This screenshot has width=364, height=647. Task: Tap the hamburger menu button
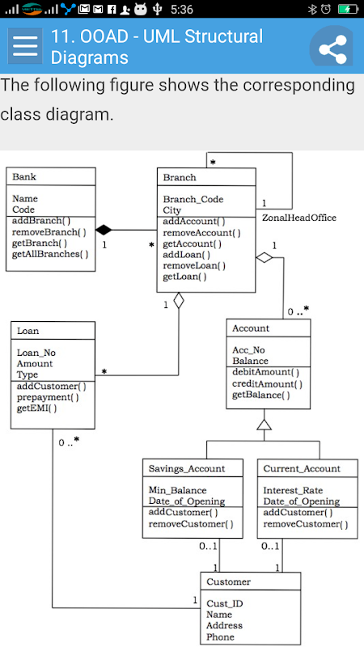(x=25, y=46)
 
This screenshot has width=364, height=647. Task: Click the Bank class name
(x=24, y=177)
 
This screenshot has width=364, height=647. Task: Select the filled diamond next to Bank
(x=104, y=230)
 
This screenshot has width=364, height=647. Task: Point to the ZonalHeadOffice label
(x=299, y=218)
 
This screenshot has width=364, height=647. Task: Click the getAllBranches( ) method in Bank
(x=50, y=254)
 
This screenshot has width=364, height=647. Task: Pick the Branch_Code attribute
(x=193, y=199)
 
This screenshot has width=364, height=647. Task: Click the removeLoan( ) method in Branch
(x=194, y=266)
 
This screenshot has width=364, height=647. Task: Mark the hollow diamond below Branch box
(x=178, y=300)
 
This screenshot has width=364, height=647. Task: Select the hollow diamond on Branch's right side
(x=265, y=258)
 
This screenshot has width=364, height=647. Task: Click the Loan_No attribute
(x=36, y=353)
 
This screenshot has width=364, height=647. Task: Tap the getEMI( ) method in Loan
(x=36, y=409)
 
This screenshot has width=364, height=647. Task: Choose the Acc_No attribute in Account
(x=248, y=350)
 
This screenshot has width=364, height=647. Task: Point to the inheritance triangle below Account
(x=265, y=424)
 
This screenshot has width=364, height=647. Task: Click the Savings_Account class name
(x=187, y=469)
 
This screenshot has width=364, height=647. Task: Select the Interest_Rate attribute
(x=293, y=491)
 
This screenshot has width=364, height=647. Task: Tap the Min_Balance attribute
(x=177, y=491)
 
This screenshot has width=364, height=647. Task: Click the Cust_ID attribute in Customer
(x=225, y=603)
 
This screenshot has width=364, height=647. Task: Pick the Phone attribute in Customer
(x=220, y=636)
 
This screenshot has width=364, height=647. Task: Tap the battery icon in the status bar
(x=348, y=9)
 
